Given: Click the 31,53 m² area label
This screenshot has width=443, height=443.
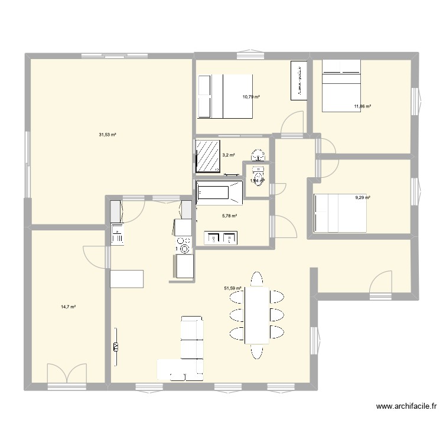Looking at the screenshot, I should [x=107, y=135].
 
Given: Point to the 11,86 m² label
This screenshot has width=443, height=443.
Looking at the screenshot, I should [x=362, y=106].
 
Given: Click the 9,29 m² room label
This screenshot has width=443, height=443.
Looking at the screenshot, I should [x=362, y=197].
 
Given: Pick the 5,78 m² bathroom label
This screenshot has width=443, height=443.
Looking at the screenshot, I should [x=229, y=216].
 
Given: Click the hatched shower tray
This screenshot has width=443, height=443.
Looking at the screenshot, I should [x=207, y=155].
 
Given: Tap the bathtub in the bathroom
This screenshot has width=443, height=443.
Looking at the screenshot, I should [x=219, y=192].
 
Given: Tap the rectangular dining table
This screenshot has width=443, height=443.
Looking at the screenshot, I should [x=256, y=314].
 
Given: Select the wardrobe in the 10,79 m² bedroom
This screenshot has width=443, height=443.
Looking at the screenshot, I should [x=299, y=80].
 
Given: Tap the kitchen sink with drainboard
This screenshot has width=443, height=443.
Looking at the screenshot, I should [x=117, y=234].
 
